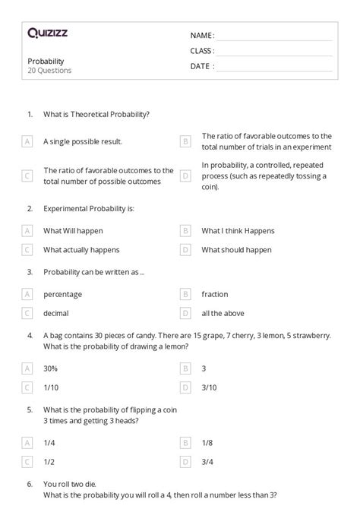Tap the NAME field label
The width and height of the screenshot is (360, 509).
(x=202, y=36)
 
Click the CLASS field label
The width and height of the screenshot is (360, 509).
(x=202, y=51)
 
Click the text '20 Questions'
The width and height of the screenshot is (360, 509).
(x=49, y=71)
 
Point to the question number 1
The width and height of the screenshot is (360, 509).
(x=30, y=114)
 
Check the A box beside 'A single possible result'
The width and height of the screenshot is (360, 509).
(x=27, y=141)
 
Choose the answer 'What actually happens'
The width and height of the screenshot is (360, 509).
(x=81, y=249)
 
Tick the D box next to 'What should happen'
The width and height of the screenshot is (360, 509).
(x=185, y=249)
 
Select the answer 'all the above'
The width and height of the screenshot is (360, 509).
(x=220, y=313)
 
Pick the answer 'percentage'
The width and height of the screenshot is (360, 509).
(x=62, y=294)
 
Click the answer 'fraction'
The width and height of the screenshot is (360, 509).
(x=214, y=294)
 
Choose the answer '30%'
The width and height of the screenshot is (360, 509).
(x=51, y=368)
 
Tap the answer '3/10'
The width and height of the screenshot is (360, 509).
(x=210, y=387)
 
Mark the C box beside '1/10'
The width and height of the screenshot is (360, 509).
(x=27, y=387)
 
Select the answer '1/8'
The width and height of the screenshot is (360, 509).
(x=207, y=441)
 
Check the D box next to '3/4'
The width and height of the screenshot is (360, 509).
(x=185, y=460)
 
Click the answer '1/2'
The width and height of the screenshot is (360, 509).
(x=50, y=460)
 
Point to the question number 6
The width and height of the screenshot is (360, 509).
(x=30, y=483)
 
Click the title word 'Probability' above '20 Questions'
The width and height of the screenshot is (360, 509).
(x=46, y=61)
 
